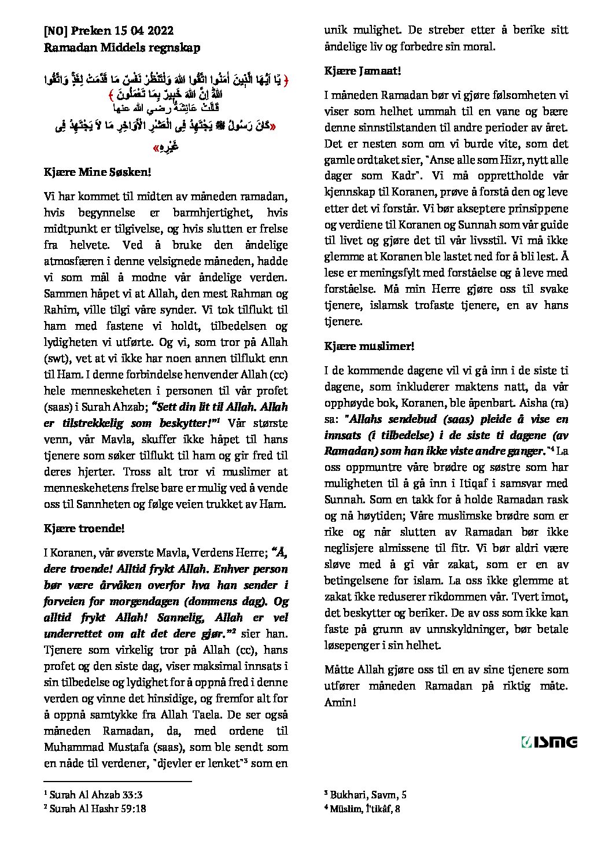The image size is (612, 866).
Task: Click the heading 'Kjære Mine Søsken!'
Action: tap(98, 172)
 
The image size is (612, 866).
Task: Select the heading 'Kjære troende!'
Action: tap(84, 528)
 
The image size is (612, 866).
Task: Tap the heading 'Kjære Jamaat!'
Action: tap(363, 71)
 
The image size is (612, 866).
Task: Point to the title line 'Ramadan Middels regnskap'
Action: tap(122, 47)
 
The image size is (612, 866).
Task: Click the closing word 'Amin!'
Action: tap(340, 702)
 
